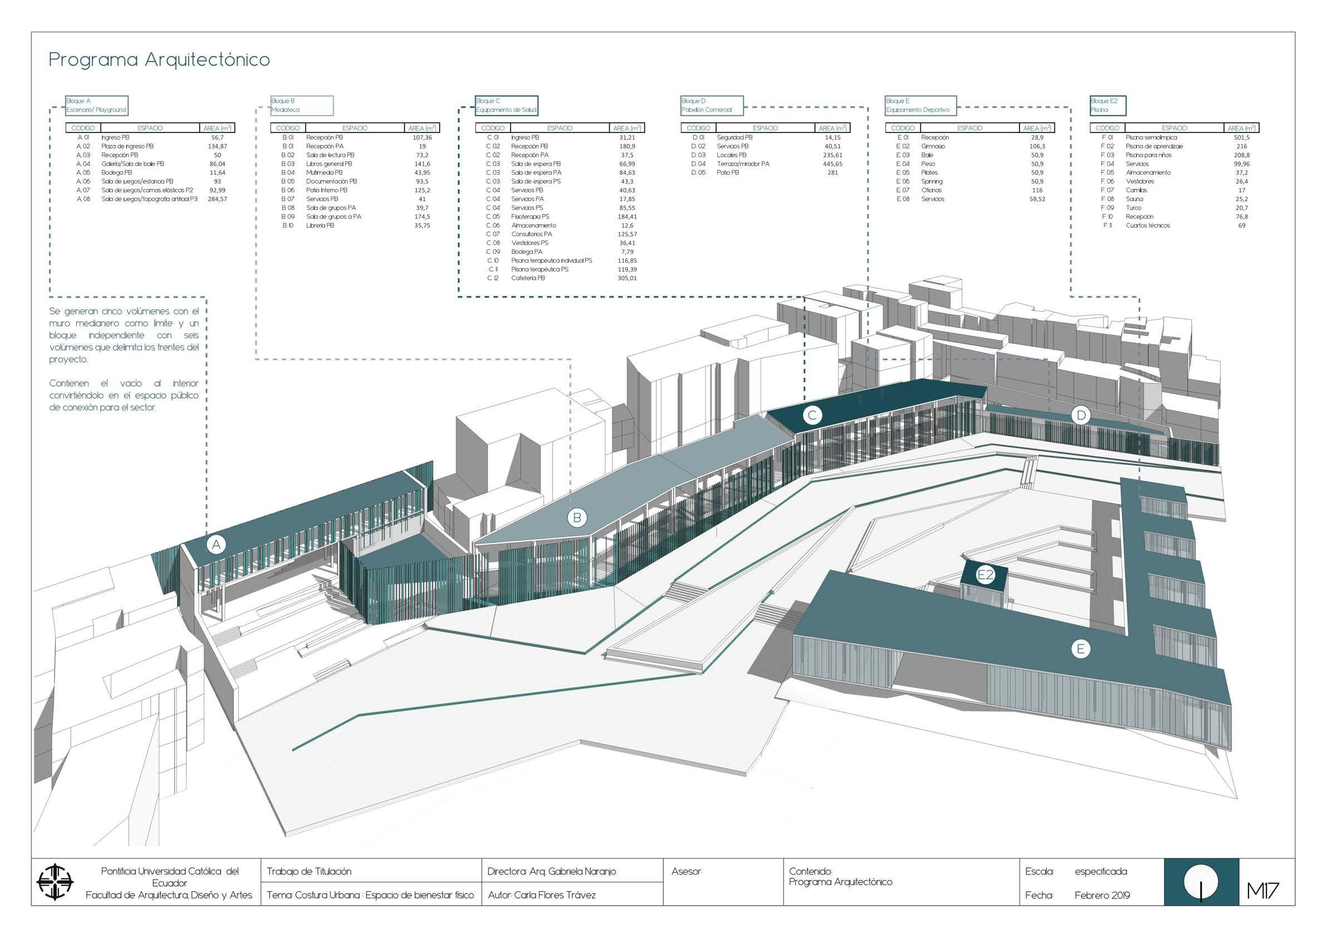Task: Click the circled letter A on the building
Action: pyautogui.click(x=216, y=544)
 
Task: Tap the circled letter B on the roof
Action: pyautogui.click(x=577, y=518)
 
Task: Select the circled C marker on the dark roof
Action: pyautogui.click(x=812, y=415)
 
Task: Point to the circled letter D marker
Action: pyautogui.click(x=1080, y=415)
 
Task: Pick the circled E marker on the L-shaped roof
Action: pyautogui.click(x=1080, y=649)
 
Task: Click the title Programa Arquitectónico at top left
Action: pyautogui.click(x=159, y=60)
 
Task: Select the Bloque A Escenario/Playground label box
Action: pyautogui.click(x=96, y=105)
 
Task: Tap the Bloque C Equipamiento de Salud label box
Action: pyautogui.click(x=506, y=105)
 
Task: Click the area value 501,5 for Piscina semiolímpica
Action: pyautogui.click(x=1241, y=138)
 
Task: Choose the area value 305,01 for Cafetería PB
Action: pyautogui.click(x=626, y=278)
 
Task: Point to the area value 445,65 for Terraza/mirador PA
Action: pyautogui.click(x=833, y=164)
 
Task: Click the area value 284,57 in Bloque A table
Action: pyautogui.click(x=217, y=199)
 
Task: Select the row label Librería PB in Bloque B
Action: pyautogui.click(x=320, y=225)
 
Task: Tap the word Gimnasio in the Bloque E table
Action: pyautogui.click(x=933, y=146)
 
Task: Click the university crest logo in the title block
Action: pyautogui.click(x=56, y=882)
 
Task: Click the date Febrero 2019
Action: pyautogui.click(x=1101, y=895)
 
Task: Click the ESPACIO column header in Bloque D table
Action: pyautogui.click(x=765, y=128)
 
